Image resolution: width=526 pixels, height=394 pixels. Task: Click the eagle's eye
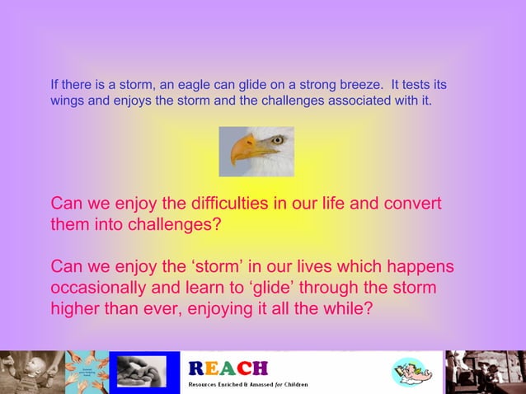(276, 141)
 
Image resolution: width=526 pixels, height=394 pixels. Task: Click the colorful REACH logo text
(228, 368)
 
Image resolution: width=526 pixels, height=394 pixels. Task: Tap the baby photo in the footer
(25, 373)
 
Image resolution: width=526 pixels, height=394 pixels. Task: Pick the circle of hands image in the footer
(87, 373)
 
